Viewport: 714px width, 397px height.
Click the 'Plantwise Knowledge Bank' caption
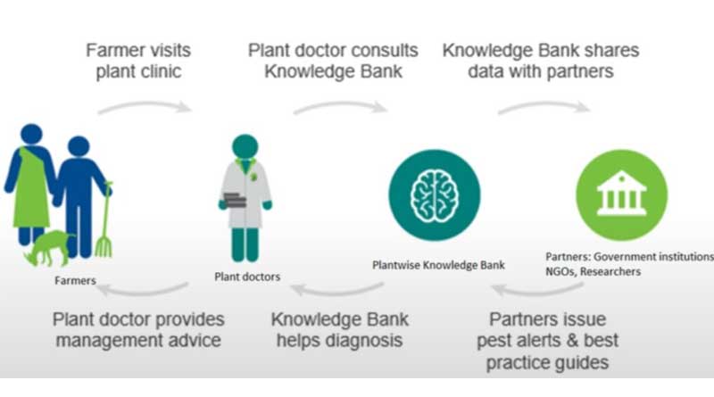point(437,265)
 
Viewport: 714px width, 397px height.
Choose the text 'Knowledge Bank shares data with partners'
point(541,61)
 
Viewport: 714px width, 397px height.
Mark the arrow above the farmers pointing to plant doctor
point(145,107)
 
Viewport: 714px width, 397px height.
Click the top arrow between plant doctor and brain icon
point(339,106)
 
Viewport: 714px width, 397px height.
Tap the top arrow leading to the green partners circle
point(543,106)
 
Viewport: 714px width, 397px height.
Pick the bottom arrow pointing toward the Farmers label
point(143,288)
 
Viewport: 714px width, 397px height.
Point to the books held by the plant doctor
point(235,197)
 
